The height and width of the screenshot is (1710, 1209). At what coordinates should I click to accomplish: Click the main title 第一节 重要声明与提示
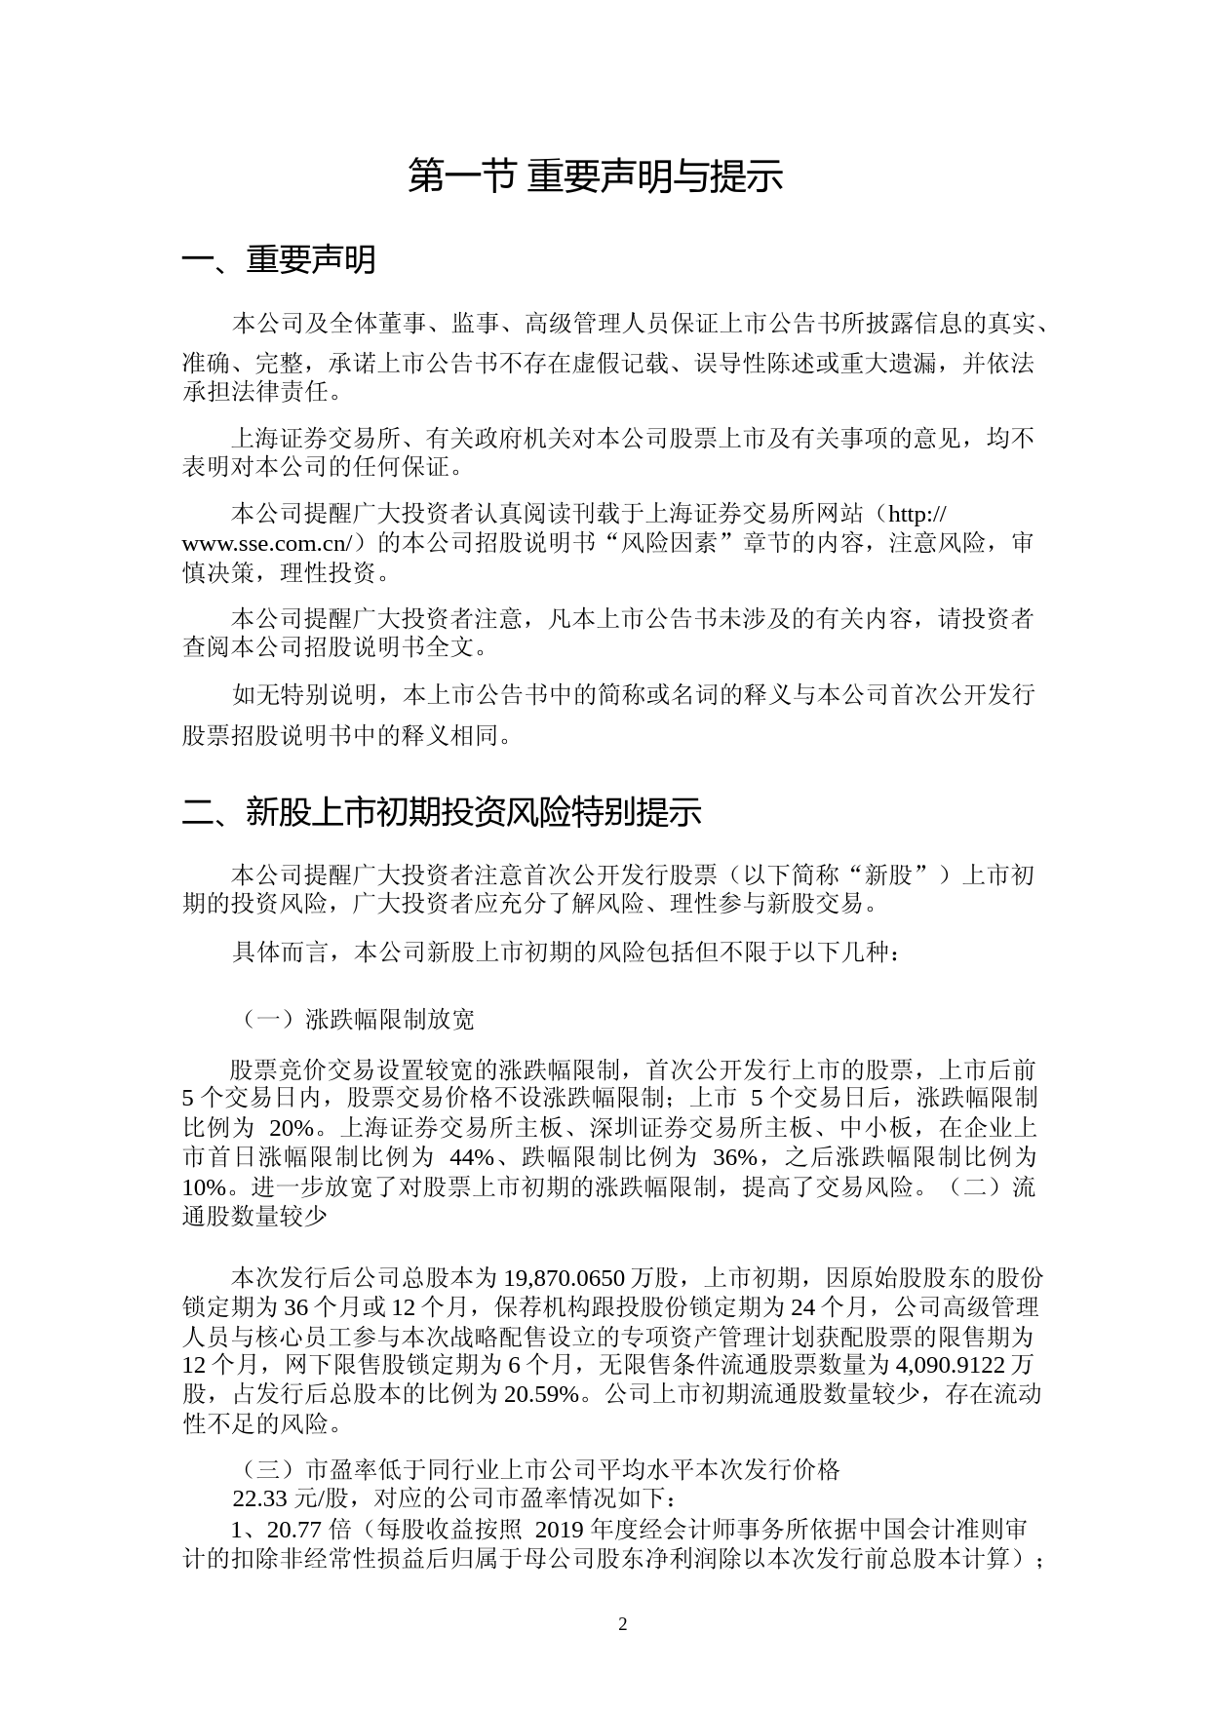click(595, 176)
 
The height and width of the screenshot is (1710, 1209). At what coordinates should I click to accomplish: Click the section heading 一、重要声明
click(279, 260)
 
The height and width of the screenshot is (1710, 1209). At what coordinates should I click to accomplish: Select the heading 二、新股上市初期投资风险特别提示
click(442, 812)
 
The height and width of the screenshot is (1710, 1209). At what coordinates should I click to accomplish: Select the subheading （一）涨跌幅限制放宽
click(358, 1020)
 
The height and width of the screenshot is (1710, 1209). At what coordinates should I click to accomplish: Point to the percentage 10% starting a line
click(204, 1187)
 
